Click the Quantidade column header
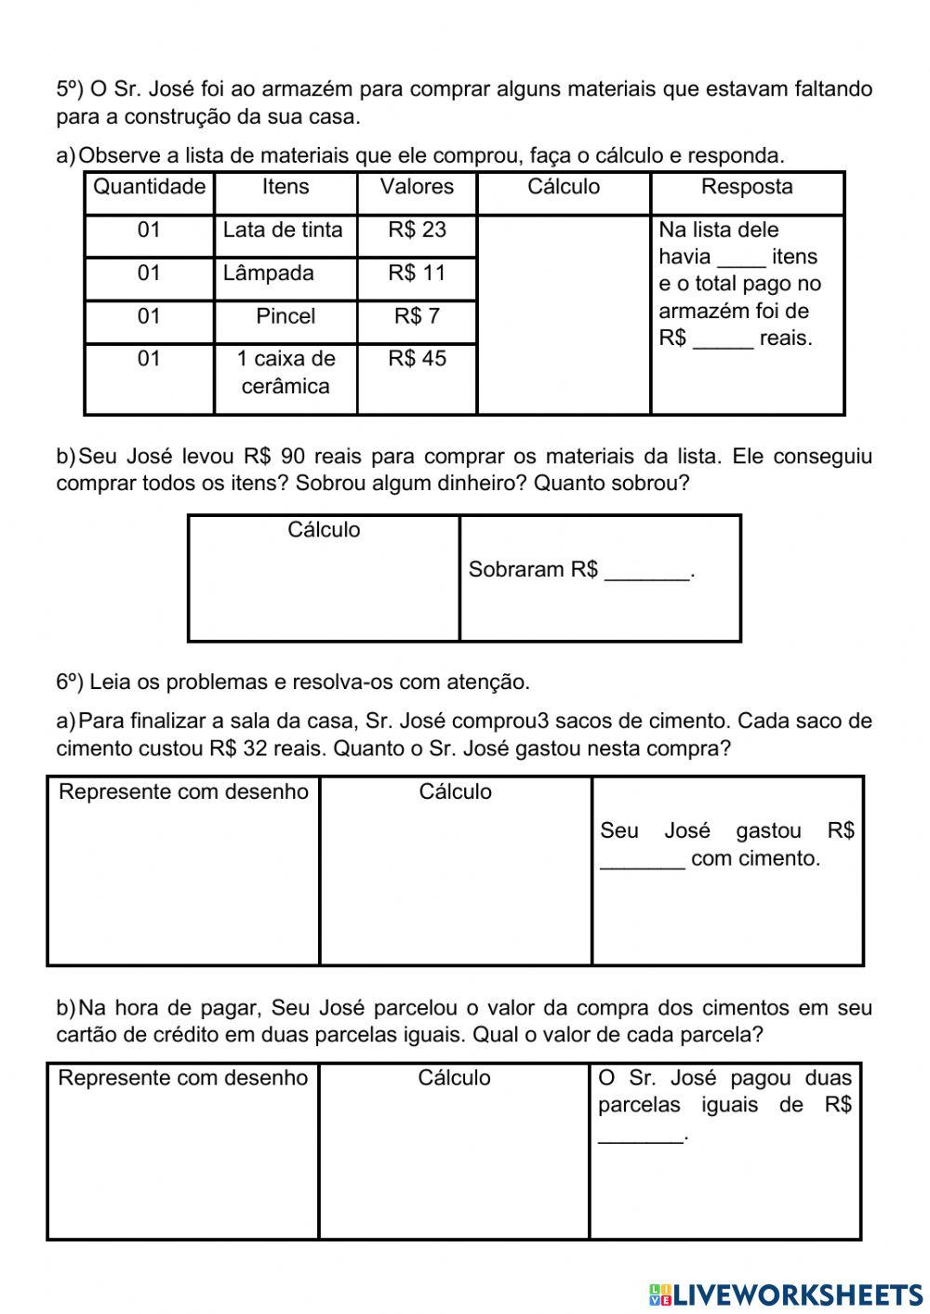click(x=149, y=187)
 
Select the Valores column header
click(x=417, y=187)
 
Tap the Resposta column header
click(x=747, y=187)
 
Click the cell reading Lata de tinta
click(x=283, y=230)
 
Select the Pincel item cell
click(x=286, y=316)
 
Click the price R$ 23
click(x=417, y=230)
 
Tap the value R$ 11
click(x=417, y=273)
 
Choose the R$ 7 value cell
click(x=417, y=316)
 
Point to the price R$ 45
click(x=417, y=359)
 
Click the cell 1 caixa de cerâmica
click(x=286, y=372)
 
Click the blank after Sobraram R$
click(x=647, y=572)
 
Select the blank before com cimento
click(x=643, y=860)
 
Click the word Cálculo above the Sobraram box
click(x=324, y=530)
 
